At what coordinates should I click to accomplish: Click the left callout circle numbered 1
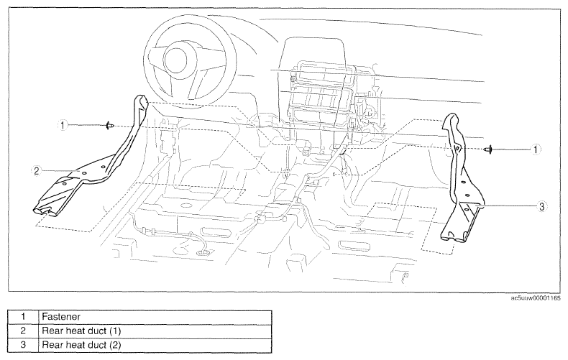[63, 126]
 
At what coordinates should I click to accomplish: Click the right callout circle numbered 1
[536, 149]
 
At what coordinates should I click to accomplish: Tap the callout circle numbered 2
[36, 171]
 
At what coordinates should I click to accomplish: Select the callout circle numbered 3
[541, 206]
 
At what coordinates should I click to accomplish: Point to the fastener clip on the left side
[110, 126]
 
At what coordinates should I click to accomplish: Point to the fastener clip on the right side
[489, 149]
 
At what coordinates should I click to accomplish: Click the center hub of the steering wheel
[175, 60]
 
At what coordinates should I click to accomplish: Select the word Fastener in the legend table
[61, 317]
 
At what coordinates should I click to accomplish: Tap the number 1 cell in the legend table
[23, 317]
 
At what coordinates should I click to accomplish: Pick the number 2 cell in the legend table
[23, 331]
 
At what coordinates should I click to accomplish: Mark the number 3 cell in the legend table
[23, 345]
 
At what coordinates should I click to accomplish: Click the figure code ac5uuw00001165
[536, 298]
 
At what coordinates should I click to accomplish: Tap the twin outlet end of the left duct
[45, 211]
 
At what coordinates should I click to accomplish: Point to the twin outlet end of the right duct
[453, 238]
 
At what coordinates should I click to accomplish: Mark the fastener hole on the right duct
[457, 148]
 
